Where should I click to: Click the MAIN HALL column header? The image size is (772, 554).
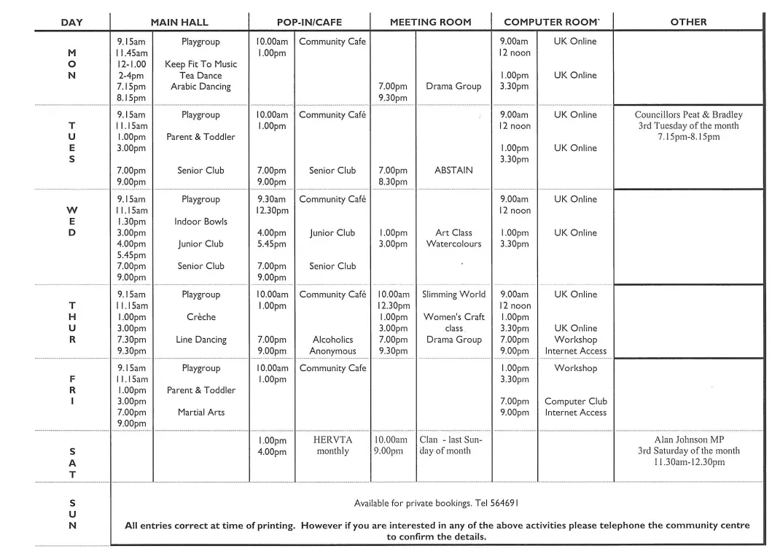179,23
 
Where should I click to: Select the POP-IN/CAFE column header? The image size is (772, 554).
309,23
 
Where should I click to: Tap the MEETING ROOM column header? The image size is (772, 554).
430,23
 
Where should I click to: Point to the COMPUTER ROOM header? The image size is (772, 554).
551,23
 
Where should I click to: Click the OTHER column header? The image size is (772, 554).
688,23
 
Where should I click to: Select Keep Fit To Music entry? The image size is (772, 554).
200,64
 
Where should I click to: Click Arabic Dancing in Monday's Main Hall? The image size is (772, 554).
200,87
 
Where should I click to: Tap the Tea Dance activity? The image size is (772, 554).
200,76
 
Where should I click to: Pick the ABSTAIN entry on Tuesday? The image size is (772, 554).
453,171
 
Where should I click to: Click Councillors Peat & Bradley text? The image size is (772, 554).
688,115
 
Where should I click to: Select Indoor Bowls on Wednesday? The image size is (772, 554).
200,222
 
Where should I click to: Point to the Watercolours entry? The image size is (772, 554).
453,244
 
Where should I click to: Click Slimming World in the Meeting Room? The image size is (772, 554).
453,294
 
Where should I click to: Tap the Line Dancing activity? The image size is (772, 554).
200,340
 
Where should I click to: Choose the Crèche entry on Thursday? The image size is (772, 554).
200,317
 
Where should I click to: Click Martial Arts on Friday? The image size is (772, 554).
200,413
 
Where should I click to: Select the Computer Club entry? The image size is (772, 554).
575,402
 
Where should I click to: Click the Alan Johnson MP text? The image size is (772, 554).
688,440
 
